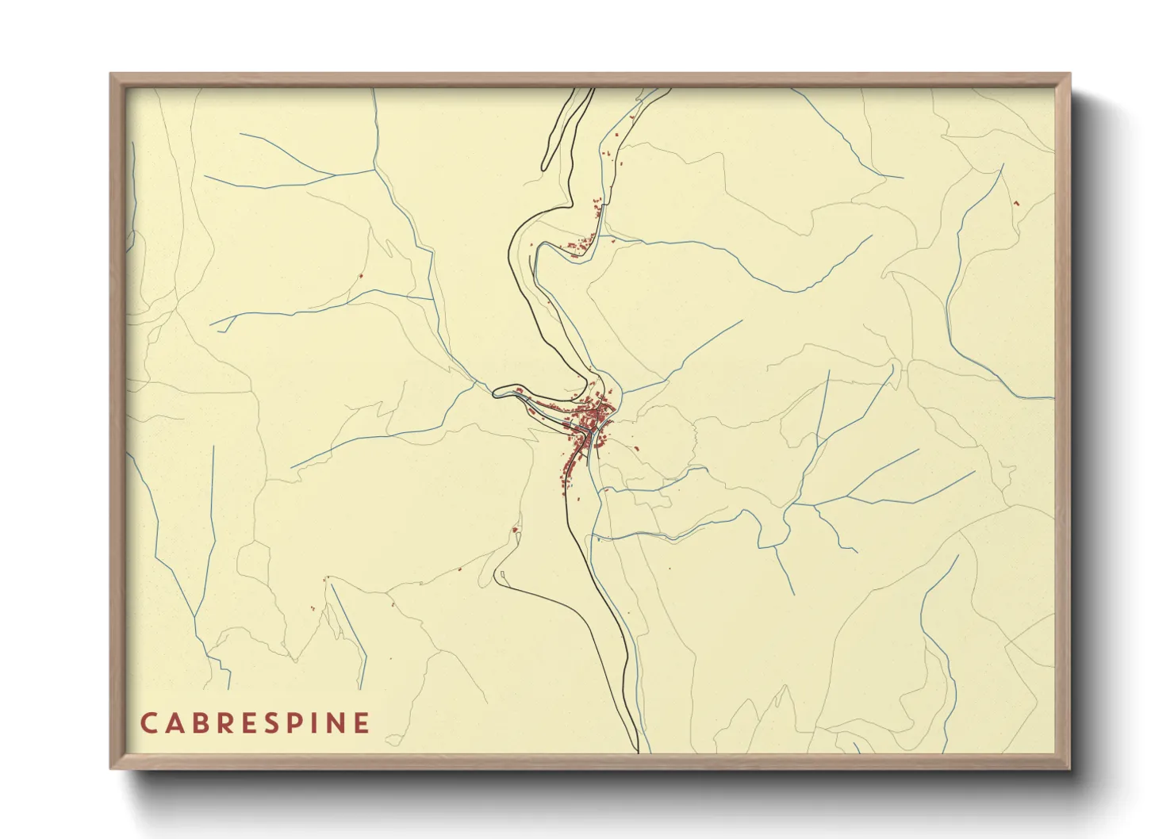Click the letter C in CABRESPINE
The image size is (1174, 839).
(x=149, y=722)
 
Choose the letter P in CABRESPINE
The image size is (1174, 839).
(x=298, y=722)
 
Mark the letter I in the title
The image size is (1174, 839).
(x=318, y=722)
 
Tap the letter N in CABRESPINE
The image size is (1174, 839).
(x=337, y=722)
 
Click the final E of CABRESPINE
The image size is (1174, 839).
(x=363, y=722)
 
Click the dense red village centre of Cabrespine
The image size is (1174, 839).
(x=593, y=416)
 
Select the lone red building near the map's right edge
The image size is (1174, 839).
(x=1015, y=203)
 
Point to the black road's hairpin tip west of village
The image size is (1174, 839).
(x=494, y=392)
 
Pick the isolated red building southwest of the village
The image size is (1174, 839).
(x=515, y=529)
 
